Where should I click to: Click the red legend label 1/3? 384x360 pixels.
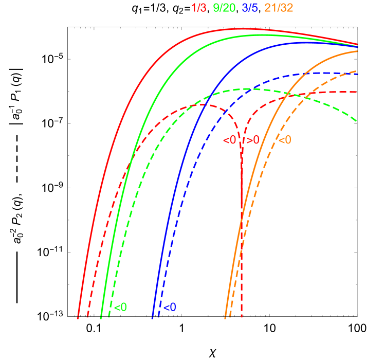pyautogui.click(x=199, y=8)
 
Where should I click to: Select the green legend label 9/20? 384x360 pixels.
pyautogui.click(x=224, y=8)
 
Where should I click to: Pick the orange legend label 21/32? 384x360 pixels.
pyautogui.click(x=279, y=8)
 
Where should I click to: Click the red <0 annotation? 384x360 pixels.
pyautogui.click(x=229, y=140)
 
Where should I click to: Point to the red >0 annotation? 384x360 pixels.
pyautogui.click(x=251, y=140)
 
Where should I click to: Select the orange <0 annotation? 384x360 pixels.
pyautogui.click(x=285, y=140)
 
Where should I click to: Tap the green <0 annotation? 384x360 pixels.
pyautogui.click(x=120, y=308)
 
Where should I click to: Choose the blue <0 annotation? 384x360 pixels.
pyautogui.click(x=169, y=308)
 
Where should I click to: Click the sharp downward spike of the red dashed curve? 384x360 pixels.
pyautogui.click(x=242, y=206)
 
